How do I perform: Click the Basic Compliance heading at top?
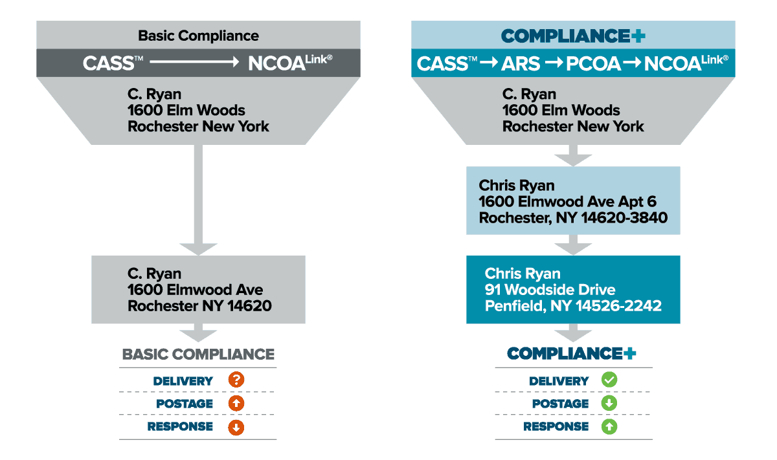(x=198, y=36)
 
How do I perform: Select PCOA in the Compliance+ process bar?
(x=594, y=63)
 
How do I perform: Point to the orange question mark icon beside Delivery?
(x=236, y=380)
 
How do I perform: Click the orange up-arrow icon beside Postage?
(x=236, y=404)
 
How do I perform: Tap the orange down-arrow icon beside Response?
(x=236, y=427)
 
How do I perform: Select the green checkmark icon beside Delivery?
(x=609, y=380)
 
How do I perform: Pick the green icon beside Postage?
(x=609, y=404)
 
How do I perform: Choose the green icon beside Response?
(x=609, y=427)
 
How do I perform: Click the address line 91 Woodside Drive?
(x=550, y=289)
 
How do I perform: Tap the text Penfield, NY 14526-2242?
(x=573, y=305)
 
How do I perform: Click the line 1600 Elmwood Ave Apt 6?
(x=567, y=201)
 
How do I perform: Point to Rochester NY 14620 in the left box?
(x=199, y=305)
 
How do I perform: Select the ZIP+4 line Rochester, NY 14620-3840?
(x=573, y=217)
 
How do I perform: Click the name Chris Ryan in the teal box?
(x=523, y=273)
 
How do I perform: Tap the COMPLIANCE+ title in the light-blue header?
(x=573, y=36)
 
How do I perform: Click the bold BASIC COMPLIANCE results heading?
(x=198, y=354)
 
